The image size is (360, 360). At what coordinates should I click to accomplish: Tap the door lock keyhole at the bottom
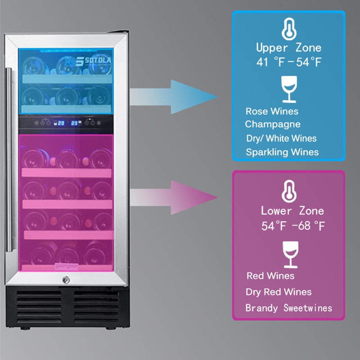[66, 280]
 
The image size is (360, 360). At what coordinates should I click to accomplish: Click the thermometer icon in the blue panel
[288, 29]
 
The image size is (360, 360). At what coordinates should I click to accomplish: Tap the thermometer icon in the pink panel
[288, 191]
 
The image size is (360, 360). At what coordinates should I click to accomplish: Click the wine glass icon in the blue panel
[288, 89]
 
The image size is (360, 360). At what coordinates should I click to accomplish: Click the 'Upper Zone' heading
[288, 48]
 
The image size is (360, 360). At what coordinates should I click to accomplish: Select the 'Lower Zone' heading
[292, 211]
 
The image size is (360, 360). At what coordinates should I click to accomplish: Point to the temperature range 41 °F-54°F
[288, 63]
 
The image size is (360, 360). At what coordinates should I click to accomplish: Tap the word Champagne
[273, 124]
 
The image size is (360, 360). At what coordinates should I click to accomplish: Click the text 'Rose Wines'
[272, 111]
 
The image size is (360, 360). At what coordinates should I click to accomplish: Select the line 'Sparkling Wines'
[282, 152]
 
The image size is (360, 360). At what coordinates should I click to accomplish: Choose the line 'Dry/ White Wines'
[281, 138]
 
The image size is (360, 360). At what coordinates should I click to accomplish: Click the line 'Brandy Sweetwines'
[288, 308]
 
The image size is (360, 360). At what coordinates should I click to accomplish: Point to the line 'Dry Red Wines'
[279, 292]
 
